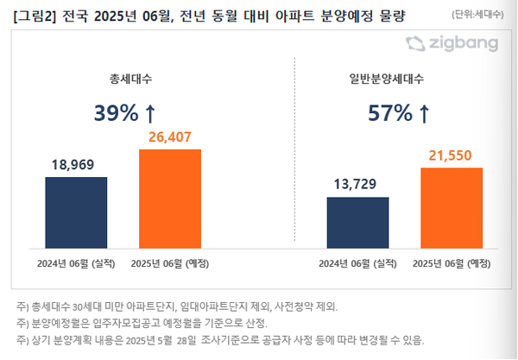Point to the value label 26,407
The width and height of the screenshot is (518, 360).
[170, 136]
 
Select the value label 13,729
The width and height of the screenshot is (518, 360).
[357, 184]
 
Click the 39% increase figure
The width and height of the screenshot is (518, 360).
[116, 113]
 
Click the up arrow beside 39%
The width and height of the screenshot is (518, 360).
[150, 113]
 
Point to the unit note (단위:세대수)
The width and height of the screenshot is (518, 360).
[479, 15]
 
